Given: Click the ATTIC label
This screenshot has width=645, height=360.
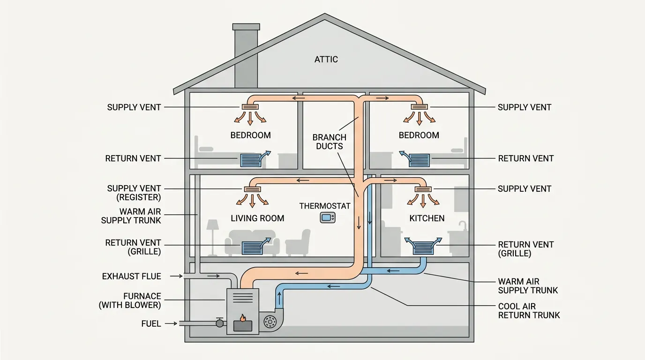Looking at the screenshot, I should point(326,60).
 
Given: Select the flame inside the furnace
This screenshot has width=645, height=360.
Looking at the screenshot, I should point(243,318).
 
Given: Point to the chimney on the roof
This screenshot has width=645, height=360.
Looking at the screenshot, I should point(245,56).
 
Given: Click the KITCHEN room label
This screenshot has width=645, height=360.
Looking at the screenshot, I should point(427,218).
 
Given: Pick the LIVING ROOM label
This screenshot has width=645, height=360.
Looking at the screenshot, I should point(257,218).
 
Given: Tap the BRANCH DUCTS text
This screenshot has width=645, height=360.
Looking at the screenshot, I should point(330,142).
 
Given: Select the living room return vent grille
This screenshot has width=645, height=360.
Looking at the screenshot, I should point(252,247).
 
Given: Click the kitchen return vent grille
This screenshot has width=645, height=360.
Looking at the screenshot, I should point(423,247).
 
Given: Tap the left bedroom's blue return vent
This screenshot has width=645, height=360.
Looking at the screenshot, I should point(253,160).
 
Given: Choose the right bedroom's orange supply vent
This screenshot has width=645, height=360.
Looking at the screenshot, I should point(419,107).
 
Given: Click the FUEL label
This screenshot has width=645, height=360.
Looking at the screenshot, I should point(151,323).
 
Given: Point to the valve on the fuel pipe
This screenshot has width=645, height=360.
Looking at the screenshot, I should point(219,323).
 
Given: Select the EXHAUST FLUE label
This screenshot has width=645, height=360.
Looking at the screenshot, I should point(131,277).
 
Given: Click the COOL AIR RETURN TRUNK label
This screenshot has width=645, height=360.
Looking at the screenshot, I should point(529,311).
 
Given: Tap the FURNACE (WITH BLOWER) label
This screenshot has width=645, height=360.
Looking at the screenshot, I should point(130,300).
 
